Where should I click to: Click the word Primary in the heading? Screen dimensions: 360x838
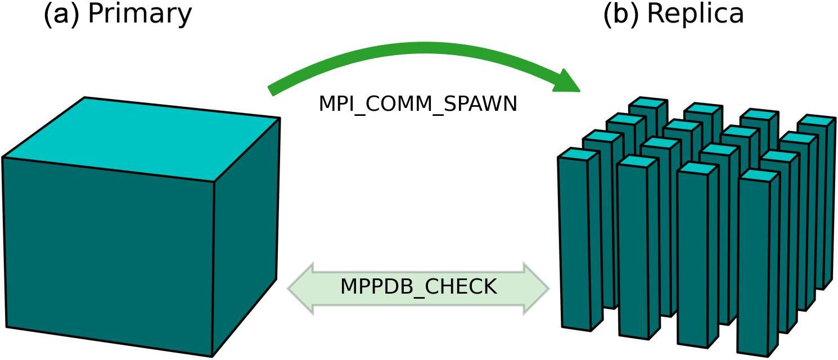(140, 15)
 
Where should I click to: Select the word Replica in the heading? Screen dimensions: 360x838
(695, 15)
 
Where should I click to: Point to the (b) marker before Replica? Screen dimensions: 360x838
(621, 15)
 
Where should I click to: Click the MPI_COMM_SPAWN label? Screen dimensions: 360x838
(417, 104)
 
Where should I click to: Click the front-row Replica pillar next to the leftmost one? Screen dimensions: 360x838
(637, 253)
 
